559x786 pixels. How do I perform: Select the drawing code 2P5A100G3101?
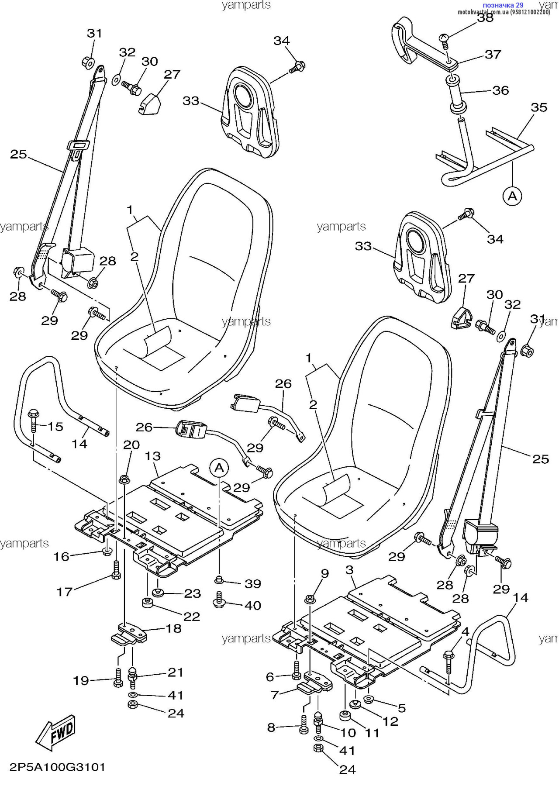58,767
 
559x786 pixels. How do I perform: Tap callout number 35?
539,107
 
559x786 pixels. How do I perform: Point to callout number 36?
500,90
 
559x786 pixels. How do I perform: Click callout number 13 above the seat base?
153,456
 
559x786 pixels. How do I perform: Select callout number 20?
131,445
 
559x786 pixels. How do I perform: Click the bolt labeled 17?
116,570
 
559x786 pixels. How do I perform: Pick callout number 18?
173,628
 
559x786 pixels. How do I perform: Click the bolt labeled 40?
219,600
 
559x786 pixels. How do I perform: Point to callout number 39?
253,584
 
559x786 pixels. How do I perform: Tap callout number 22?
191,617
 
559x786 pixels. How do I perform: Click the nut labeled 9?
309,599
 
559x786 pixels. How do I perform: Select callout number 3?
349,570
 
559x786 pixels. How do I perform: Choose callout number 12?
390,721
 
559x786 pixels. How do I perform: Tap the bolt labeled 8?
304,725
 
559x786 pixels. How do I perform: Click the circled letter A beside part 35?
512,196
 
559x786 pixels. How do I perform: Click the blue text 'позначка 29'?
503,5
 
